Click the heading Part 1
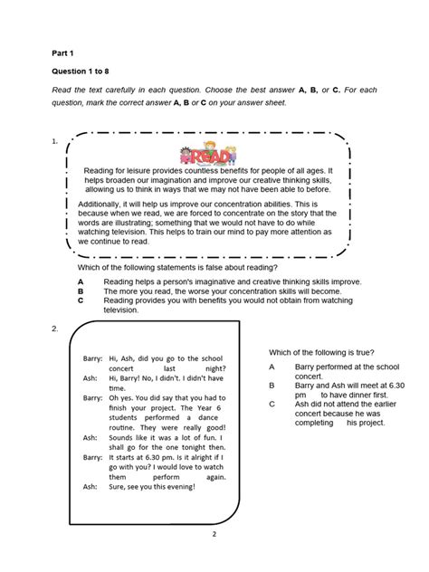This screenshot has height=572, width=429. [x=65, y=52]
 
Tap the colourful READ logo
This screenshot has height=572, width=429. [x=207, y=153]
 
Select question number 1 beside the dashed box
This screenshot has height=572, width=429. [x=55, y=141]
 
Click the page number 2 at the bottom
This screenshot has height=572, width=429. [x=214, y=534]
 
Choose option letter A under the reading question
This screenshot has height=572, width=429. [x=81, y=282]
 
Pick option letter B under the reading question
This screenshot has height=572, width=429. [x=81, y=291]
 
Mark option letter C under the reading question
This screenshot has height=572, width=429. [x=81, y=300]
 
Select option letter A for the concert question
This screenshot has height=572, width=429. [x=272, y=367]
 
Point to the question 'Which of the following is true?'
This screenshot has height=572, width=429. [x=321, y=352]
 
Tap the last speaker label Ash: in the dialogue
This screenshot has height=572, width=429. [x=90, y=486]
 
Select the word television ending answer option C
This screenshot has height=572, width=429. [x=121, y=310]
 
